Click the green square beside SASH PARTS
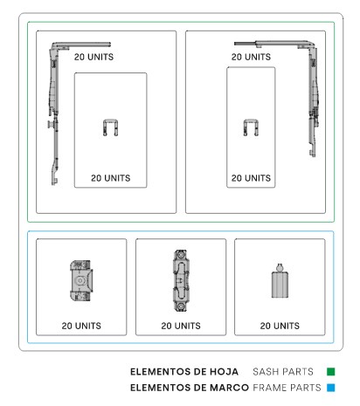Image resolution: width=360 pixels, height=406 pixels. [331, 372]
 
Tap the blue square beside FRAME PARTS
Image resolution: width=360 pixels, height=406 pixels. [331, 388]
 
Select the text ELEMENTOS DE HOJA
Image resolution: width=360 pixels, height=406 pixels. [184, 372]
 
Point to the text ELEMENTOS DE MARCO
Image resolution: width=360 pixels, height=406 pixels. [190, 388]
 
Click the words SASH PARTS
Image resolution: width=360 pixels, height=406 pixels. [283, 372]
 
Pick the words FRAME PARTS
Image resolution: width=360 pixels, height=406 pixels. [287, 388]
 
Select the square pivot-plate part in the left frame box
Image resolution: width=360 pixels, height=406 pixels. [81, 280]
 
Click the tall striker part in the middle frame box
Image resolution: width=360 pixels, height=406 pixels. [181, 280]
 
